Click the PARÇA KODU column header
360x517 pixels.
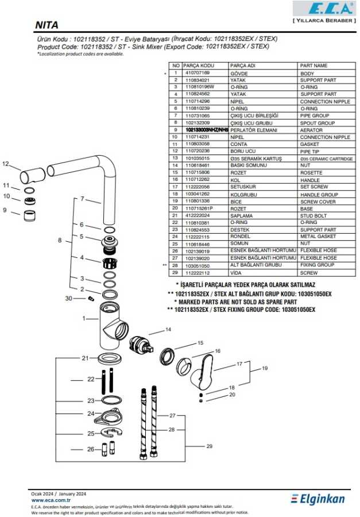(199, 66)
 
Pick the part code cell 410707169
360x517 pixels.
(197, 74)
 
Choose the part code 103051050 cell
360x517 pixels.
(197, 265)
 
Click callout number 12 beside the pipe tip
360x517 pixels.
(6, 164)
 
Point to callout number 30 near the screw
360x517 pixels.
(69, 298)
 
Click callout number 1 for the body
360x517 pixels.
(84, 318)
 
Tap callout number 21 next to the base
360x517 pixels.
(85, 358)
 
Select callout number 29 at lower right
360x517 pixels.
(209, 446)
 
